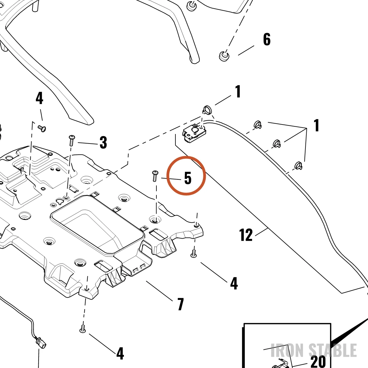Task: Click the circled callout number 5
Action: (188, 178)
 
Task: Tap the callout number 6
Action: (267, 39)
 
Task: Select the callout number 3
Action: (103, 143)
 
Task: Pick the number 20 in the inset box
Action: (318, 361)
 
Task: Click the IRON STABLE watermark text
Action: (314, 350)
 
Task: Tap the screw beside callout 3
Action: (72, 140)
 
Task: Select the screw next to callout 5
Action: (155, 176)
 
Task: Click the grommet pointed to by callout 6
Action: (224, 56)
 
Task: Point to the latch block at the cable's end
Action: (194, 133)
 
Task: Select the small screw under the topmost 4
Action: (42, 128)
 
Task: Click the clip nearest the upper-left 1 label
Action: (207, 110)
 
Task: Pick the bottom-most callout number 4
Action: (120, 354)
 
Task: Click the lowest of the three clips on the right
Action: (298, 165)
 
